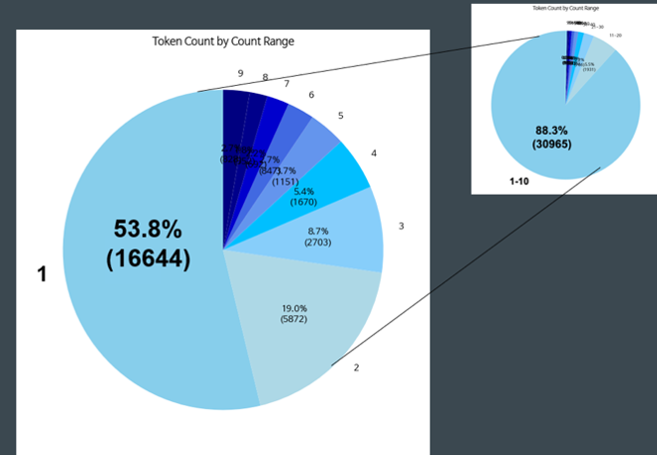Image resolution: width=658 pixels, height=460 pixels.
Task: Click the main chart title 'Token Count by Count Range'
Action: coord(223,42)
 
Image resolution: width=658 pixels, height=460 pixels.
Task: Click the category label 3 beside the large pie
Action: coord(401,227)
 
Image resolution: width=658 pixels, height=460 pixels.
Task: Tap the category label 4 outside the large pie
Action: coord(373,154)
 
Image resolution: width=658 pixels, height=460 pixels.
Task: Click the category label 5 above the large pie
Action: coord(340,116)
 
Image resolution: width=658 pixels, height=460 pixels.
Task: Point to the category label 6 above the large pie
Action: coord(311,95)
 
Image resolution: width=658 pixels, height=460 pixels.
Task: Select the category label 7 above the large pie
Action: coord(286,84)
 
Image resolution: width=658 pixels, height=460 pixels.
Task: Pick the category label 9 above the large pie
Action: coord(240,73)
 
